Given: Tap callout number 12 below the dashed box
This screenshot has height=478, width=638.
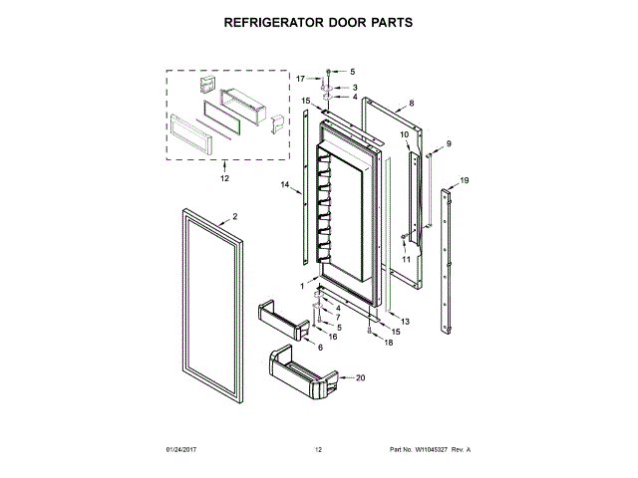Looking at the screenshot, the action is pyautogui.click(x=224, y=178).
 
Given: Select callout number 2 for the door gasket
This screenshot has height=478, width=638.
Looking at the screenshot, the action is pyautogui.click(x=235, y=217).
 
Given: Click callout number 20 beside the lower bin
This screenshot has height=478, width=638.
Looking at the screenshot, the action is pyautogui.click(x=361, y=377).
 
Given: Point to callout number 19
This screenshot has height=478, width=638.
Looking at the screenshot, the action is pyautogui.click(x=465, y=180).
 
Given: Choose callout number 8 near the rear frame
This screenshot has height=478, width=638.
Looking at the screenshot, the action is pyautogui.click(x=412, y=104).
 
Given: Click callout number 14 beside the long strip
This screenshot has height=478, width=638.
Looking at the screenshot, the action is pyautogui.click(x=285, y=184).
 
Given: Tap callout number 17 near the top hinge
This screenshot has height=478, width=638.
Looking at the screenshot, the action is pyautogui.click(x=300, y=79).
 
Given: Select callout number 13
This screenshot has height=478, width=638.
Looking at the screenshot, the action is pyautogui.click(x=405, y=322).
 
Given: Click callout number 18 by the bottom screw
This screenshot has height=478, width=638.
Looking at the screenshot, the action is pyautogui.click(x=389, y=343).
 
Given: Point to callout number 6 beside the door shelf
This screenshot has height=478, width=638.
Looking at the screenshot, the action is pyautogui.click(x=320, y=348).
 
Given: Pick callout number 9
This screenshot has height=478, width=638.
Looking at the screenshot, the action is pyautogui.click(x=449, y=143).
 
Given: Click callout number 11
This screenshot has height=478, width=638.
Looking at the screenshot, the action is pyautogui.click(x=406, y=259).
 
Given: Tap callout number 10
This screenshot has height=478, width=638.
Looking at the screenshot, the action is pyautogui.click(x=404, y=134).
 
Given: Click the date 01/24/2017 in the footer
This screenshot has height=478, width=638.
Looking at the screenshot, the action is pyautogui.click(x=181, y=449).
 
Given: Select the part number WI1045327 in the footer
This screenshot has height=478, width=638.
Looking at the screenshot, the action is pyautogui.click(x=431, y=449).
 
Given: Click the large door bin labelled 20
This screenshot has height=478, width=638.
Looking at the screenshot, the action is pyautogui.click(x=303, y=372).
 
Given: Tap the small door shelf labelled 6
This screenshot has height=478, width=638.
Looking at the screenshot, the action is pyautogui.click(x=283, y=320).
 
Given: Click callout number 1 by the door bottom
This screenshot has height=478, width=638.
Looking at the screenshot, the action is pyautogui.click(x=302, y=286).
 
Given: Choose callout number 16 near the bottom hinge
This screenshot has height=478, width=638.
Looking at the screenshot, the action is pyautogui.click(x=333, y=337).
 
